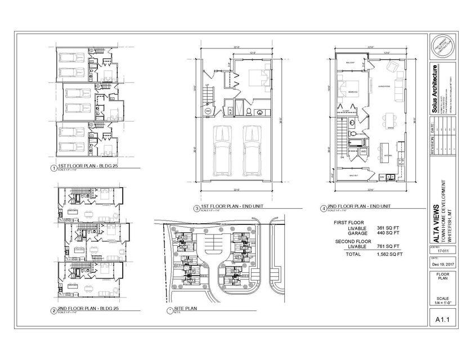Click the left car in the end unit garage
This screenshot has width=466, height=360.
tap(222, 148)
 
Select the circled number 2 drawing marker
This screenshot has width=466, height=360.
tap(53, 310)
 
